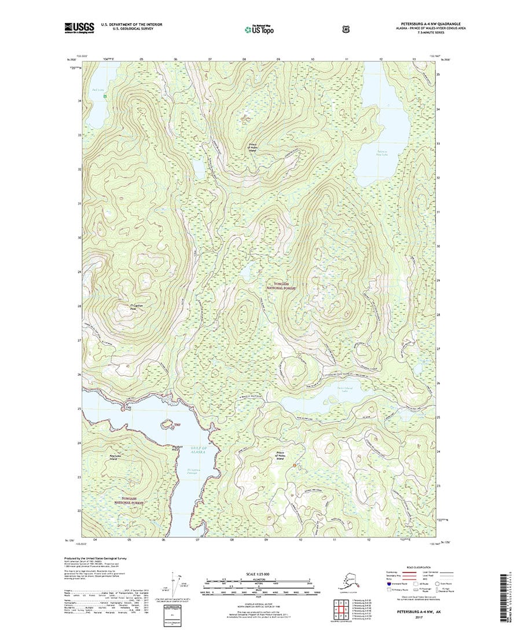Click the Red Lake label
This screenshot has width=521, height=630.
(97, 90)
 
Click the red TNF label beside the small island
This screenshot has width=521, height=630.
(170, 424)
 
